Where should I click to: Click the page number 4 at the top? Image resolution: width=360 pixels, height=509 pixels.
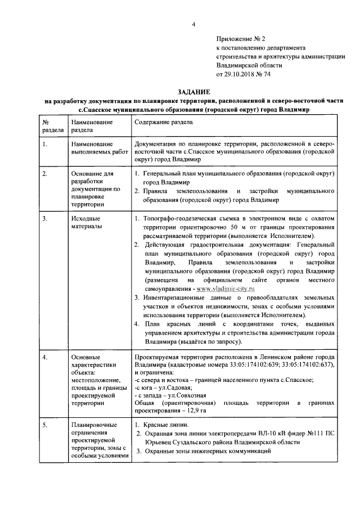point(193,24)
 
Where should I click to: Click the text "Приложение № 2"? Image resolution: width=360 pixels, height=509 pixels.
point(241,39)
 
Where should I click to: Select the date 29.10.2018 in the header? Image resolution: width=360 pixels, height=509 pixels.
point(242,74)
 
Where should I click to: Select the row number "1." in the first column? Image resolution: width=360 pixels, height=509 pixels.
point(45,145)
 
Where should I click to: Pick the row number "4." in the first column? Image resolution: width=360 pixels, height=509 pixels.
point(45,357)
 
